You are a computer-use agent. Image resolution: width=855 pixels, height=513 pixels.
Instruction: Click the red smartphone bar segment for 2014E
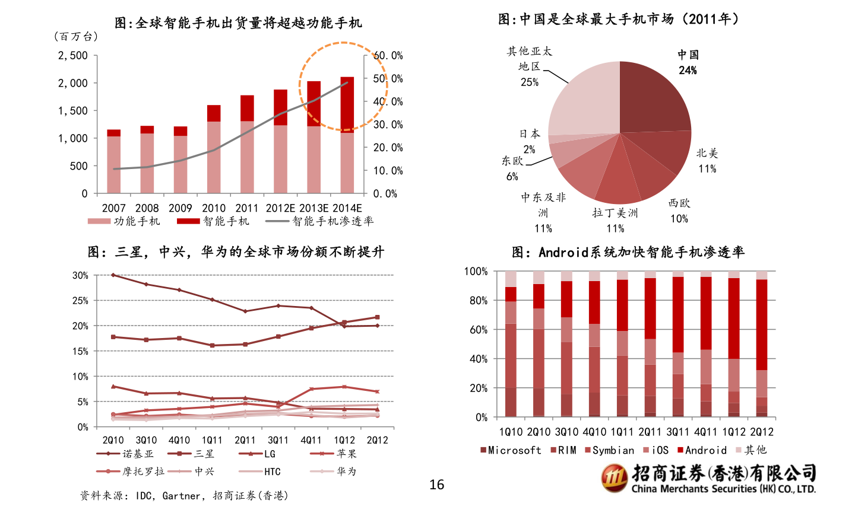pos(347,104)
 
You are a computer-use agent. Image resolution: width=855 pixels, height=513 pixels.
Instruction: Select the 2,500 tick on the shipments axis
pos(72,55)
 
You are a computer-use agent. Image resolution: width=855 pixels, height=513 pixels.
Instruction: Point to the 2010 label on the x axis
pos(213,208)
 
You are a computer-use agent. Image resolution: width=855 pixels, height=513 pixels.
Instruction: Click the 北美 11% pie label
pos(707,161)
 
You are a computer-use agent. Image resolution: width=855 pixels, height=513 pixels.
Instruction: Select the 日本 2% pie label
pos(529,141)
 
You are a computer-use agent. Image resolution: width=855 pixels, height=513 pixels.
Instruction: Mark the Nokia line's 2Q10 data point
pos(113,275)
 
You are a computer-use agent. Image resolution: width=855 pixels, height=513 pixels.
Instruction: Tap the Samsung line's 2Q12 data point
pos(377,317)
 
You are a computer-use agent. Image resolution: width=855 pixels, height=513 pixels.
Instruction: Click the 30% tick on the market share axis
pos(80,275)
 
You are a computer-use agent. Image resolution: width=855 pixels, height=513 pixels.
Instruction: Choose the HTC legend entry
pos(272,471)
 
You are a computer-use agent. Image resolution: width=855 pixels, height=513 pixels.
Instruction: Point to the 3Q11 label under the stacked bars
pos(677,432)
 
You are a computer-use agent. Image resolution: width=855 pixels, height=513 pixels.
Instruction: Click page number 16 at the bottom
pos(436,485)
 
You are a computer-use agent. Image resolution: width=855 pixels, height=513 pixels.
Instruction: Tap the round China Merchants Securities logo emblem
pos(614,478)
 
